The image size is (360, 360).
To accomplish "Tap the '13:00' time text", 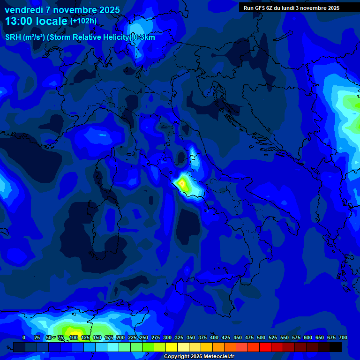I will (20, 21).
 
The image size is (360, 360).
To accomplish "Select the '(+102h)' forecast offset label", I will (83, 21).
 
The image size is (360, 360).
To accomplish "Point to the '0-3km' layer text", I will (144, 37).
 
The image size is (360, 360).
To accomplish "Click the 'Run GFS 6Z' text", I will (259, 7).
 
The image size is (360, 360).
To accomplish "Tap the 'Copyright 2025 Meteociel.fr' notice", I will (199, 357).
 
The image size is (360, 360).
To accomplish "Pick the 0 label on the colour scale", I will (24, 338).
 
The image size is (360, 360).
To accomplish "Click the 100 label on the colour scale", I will (73, 338).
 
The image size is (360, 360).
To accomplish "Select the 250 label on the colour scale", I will (143, 338).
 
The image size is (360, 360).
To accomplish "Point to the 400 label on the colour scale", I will (214, 338).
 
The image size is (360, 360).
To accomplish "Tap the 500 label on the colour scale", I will (261, 338).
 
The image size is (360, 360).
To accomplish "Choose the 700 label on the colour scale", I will (343, 338).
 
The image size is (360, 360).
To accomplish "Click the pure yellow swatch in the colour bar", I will (172, 347).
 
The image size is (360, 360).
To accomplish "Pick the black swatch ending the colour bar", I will (336, 347).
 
